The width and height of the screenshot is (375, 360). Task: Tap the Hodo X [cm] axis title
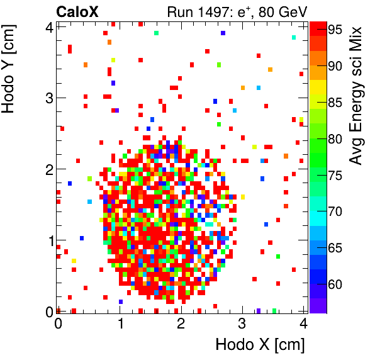coord(260,345)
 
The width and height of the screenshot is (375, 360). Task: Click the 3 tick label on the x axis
coord(242,324)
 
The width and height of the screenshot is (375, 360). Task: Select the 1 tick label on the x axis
coord(119,324)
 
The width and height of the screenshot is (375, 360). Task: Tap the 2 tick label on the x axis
coord(181,324)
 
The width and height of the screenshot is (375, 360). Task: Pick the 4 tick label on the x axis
coord(303,324)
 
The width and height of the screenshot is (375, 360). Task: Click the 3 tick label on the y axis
coord(47,98)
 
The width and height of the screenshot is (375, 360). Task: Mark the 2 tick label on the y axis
coord(47,169)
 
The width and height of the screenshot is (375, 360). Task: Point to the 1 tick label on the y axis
coord(47,240)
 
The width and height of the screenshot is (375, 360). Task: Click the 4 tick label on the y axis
coord(47,26)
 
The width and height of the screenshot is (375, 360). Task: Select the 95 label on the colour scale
coord(334,30)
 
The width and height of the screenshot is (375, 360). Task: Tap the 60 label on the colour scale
coord(334,284)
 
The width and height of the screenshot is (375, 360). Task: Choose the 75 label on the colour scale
coord(334,175)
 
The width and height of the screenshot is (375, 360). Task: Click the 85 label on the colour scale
coord(334,103)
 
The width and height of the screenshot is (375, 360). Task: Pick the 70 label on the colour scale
coord(334,211)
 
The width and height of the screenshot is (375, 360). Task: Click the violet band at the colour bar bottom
coord(318,306)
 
